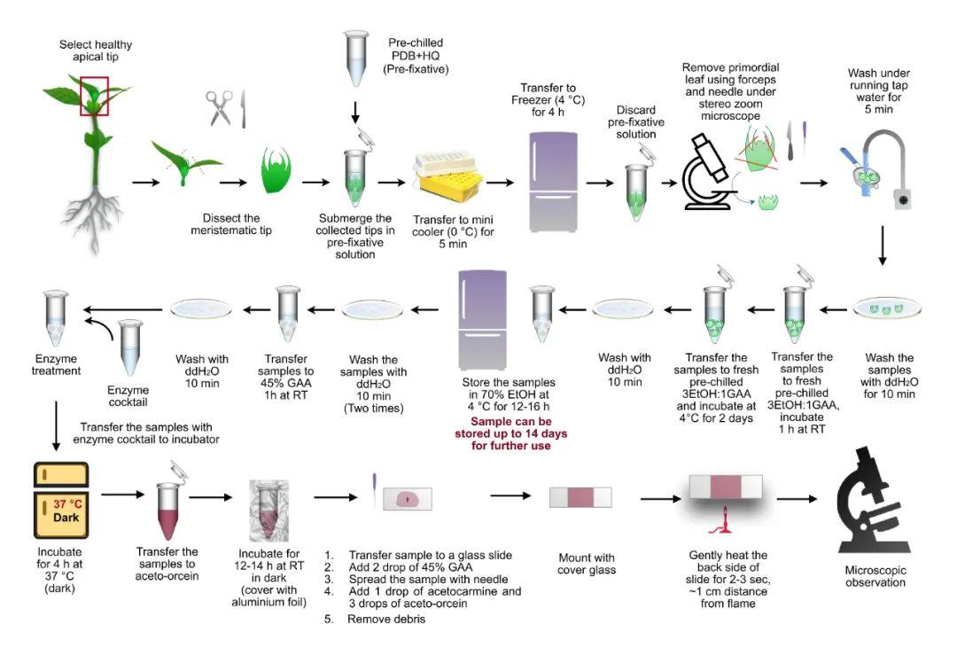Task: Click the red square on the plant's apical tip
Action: [95, 96]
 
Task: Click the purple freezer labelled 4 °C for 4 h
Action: [556, 182]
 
